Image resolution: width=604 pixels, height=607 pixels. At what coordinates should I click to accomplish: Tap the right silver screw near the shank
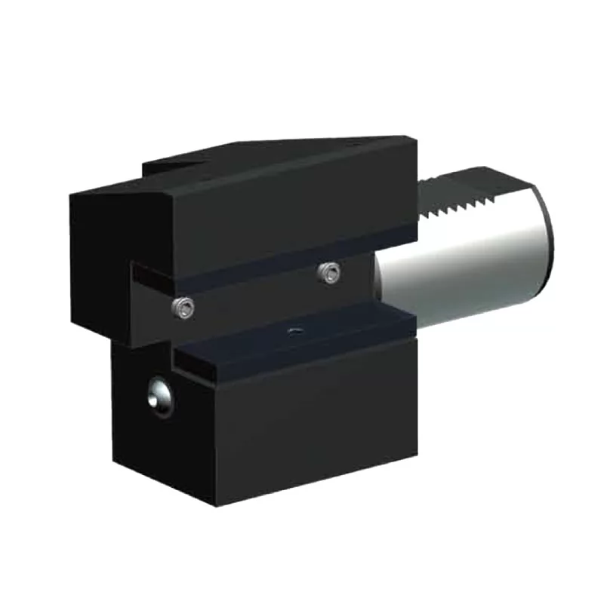(328, 274)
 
